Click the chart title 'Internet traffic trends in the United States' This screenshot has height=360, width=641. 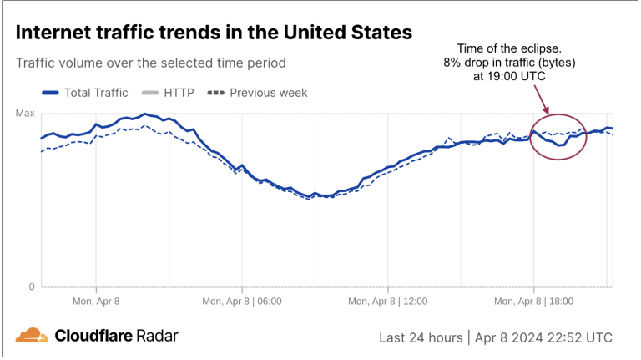[x=214, y=33]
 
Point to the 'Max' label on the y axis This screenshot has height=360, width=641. [x=25, y=113]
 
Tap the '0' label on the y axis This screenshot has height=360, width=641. [x=32, y=287]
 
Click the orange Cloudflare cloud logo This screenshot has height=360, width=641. [x=32, y=336]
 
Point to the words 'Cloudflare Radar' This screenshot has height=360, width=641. [x=116, y=336]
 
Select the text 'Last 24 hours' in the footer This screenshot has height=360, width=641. [x=421, y=337]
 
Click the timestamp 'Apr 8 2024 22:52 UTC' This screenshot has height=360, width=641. [x=544, y=337]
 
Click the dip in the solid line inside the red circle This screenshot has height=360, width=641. [x=561, y=145]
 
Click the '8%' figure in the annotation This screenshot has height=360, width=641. [x=454, y=63]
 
